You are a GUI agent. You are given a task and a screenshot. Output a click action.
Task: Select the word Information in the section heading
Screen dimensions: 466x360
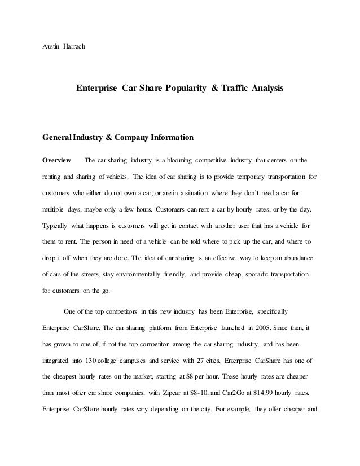[172, 137]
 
